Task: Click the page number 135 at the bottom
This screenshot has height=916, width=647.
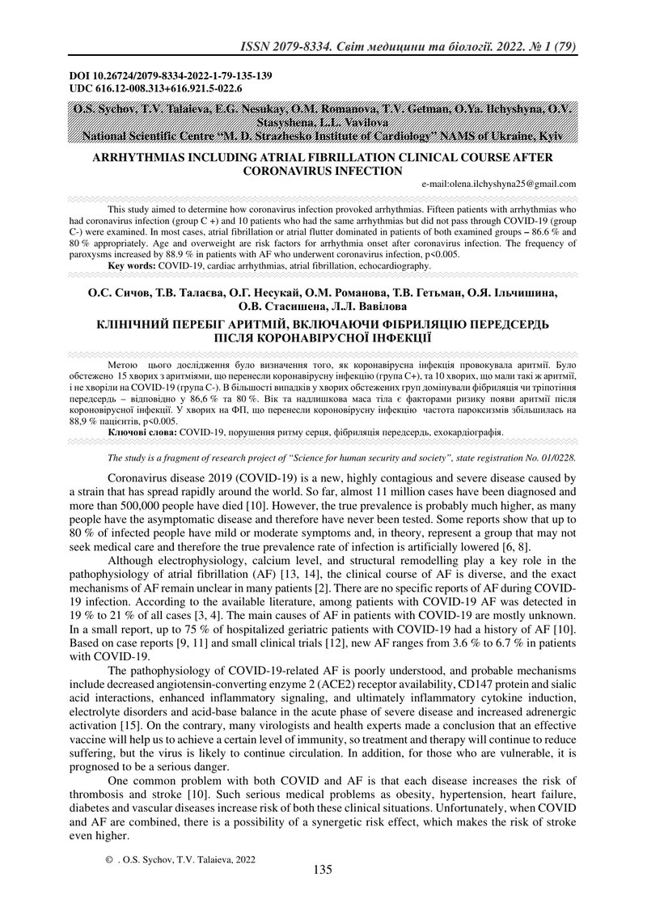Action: pyautogui.click(x=323, y=871)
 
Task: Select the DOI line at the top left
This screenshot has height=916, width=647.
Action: pyautogui.click(x=171, y=76)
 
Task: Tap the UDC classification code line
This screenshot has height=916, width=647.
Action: pyautogui.click(x=156, y=88)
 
